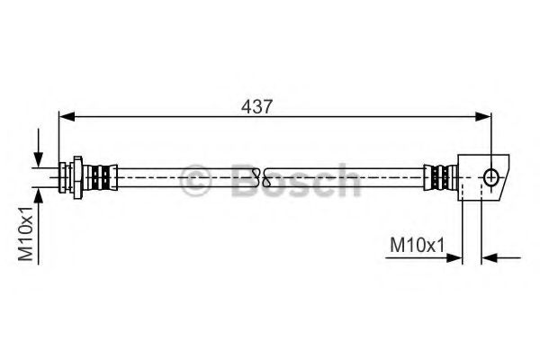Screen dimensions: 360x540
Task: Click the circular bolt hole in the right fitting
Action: click(491, 177)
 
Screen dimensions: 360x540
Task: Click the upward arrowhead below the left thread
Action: click(38, 192)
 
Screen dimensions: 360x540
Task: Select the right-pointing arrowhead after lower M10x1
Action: click(454, 258)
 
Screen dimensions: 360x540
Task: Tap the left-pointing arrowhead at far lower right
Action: click(490, 258)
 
